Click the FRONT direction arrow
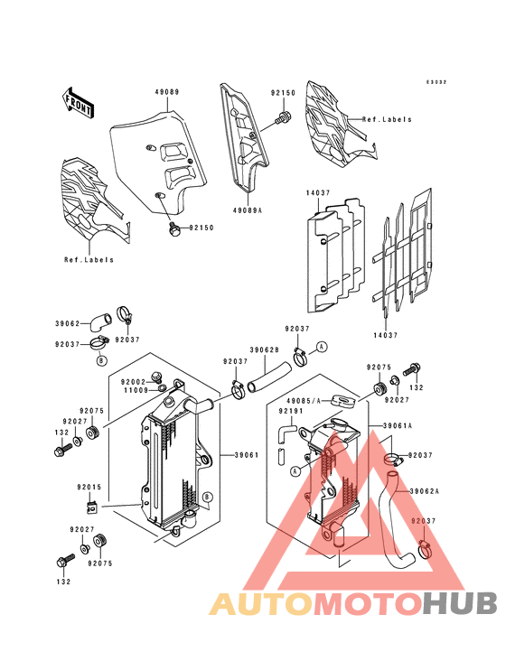[78, 102]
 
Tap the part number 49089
[167, 92]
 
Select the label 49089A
[247, 209]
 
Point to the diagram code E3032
[436, 82]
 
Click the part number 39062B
[265, 349]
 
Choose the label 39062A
[424, 491]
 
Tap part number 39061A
[398, 426]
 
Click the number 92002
[133, 382]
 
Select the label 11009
[136, 390]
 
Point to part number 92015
[89, 487]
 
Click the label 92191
[291, 410]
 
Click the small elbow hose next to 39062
[101, 321]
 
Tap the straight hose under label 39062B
[269, 377]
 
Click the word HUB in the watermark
[461, 603]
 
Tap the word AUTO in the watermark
[261, 603]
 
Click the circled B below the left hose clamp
[101, 360]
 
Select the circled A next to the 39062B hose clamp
[323, 347]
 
